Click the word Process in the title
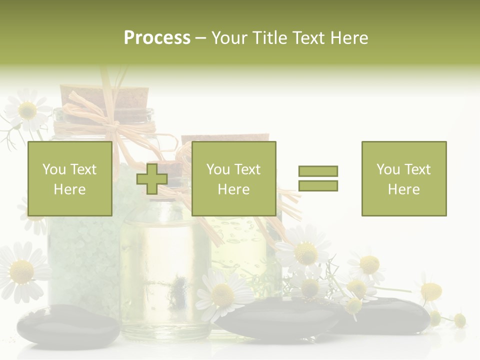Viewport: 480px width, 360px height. point(157,38)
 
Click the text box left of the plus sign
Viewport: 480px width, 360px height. point(69,178)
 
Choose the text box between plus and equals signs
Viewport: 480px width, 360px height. point(233,178)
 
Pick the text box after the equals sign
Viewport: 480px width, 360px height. point(403,178)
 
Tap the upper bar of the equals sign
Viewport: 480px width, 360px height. point(318,171)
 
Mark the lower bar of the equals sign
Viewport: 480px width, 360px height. point(318,185)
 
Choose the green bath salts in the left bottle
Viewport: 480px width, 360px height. point(82,250)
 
